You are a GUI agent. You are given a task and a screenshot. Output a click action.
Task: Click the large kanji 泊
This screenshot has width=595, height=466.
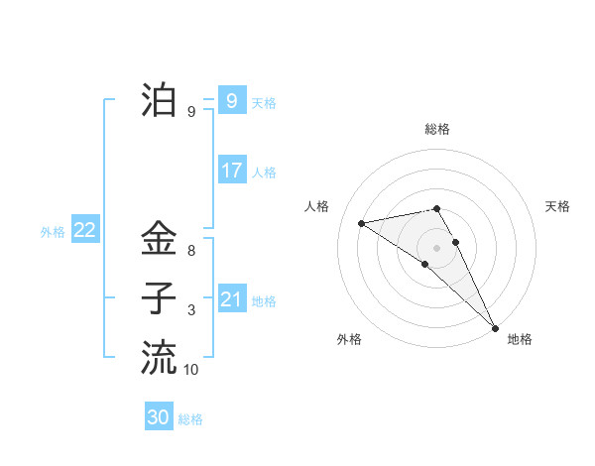point(159,100)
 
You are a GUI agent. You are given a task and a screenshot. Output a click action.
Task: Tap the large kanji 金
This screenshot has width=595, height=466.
point(159,239)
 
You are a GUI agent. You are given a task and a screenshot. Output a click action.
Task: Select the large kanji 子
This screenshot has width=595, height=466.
point(159,297)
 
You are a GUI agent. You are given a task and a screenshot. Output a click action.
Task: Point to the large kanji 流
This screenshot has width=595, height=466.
point(159,356)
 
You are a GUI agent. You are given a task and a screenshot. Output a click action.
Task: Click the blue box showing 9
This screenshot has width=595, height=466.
point(231,100)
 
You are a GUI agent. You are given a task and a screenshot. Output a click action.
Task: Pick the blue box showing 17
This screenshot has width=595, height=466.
point(231,170)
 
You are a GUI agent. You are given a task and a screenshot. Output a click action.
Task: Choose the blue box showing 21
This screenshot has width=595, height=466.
point(231,298)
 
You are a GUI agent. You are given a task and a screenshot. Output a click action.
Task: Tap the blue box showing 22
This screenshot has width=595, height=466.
point(84,230)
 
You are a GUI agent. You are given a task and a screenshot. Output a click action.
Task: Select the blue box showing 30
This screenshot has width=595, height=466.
point(159,417)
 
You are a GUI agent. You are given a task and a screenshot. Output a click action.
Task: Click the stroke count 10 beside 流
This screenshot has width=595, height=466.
point(191,370)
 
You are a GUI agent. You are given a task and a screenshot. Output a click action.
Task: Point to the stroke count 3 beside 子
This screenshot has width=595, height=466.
point(191,310)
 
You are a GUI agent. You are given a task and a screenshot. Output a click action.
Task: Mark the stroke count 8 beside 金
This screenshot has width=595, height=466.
point(191,252)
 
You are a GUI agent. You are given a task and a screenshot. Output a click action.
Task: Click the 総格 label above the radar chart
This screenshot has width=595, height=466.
point(437,129)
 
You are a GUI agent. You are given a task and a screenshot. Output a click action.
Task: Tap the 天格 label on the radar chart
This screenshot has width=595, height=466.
point(557,206)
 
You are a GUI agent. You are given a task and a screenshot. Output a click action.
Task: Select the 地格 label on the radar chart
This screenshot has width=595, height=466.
point(520,339)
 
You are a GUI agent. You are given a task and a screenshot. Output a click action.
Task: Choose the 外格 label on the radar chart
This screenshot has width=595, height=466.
point(348,339)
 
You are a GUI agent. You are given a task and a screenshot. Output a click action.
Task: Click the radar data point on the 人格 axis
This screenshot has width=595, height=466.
point(361,223)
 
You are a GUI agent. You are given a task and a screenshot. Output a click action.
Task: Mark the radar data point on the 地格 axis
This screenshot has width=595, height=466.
point(495,327)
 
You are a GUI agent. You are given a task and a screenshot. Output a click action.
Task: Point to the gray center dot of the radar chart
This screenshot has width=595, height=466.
point(436,247)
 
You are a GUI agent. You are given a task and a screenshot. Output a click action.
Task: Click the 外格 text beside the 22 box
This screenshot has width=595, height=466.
point(53,232)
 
